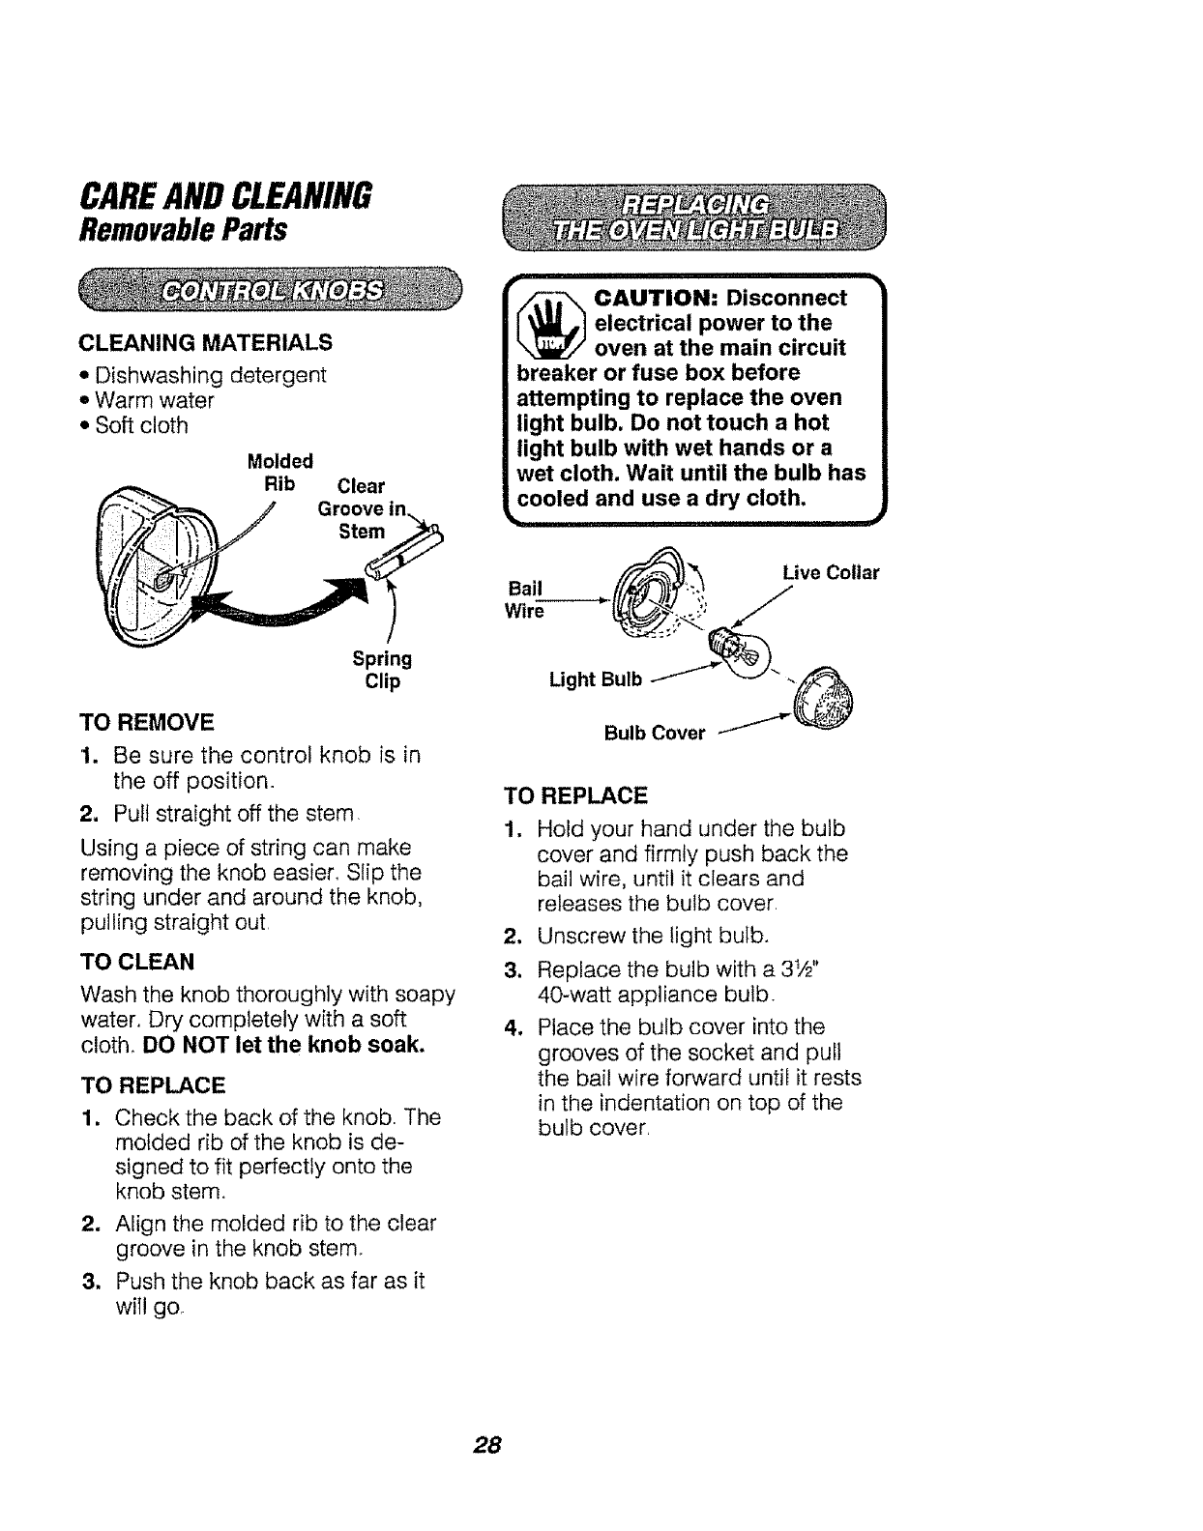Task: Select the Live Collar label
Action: pos(831,573)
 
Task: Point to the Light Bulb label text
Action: pos(595,679)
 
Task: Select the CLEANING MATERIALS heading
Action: pos(204,342)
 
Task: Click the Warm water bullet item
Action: pos(155,400)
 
